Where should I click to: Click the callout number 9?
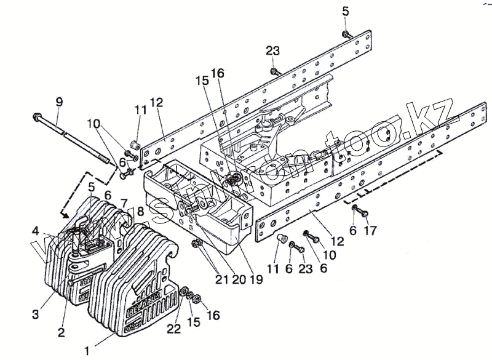(59, 101)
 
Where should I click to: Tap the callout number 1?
(87, 351)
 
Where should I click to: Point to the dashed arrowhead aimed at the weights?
(63, 215)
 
